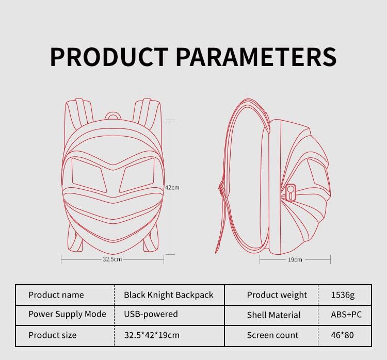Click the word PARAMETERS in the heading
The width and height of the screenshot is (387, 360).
click(x=256, y=57)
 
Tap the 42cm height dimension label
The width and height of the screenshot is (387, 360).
click(x=172, y=188)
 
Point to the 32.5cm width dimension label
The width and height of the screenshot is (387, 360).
click(x=112, y=259)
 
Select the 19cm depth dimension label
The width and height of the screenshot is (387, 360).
click(x=295, y=260)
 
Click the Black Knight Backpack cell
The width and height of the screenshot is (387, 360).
click(x=168, y=295)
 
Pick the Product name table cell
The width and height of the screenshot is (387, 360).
click(x=56, y=295)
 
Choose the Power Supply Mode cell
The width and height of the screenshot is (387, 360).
click(x=67, y=314)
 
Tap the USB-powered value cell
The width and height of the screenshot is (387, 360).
click(x=151, y=314)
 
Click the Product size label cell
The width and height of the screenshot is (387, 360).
click(x=52, y=335)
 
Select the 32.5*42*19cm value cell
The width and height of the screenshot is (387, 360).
click(x=152, y=335)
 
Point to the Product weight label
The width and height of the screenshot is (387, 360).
click(x=277, y=295)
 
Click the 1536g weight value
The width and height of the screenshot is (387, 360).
click(x=343, y=295)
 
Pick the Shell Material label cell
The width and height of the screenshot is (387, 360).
click(x=273, y=315)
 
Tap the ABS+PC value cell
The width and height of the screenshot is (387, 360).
click(x=346, y=314)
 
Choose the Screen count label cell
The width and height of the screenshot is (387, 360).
click(x=272, y=335)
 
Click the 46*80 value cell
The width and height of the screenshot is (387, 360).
click(x=343, y=335)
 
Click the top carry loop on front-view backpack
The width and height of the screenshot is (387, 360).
click(x=113, y=116)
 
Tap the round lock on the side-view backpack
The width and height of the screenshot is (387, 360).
click(x=291, y=193)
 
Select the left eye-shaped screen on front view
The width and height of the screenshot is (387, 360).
click(x=87, y=173)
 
